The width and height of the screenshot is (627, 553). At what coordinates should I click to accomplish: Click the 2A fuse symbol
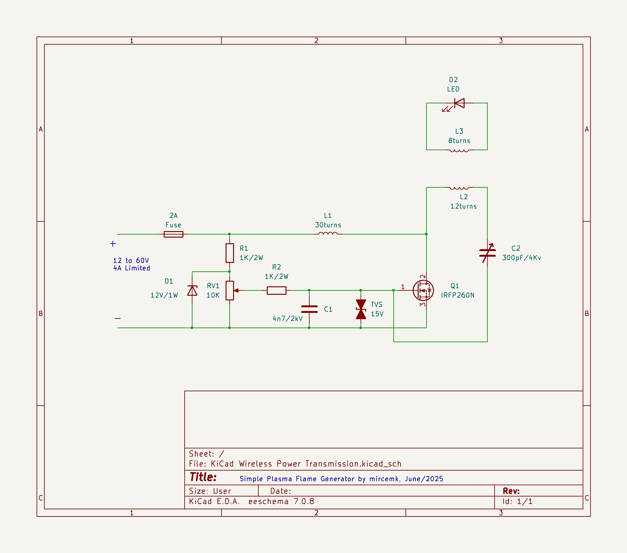173,234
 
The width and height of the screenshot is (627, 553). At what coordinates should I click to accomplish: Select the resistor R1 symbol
230,253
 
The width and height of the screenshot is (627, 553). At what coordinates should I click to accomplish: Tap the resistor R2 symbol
276,290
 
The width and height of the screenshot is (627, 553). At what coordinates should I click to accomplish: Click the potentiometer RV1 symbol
230,290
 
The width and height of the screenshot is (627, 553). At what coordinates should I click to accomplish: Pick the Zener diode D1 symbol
192,291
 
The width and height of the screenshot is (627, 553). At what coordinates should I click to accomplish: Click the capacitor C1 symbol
309,309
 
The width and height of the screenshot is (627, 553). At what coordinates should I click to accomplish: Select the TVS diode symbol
361,309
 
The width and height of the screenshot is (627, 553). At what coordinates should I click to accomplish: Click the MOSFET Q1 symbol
423,290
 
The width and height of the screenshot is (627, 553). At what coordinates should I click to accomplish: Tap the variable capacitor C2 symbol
487,253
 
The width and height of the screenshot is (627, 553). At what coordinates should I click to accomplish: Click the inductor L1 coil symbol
328,233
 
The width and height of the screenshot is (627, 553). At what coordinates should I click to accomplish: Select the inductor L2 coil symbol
459,188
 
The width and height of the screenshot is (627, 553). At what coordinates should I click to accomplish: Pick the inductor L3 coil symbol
459,151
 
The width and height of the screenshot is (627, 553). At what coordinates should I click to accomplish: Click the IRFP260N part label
458,295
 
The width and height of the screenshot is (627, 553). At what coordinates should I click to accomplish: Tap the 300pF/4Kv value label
521,258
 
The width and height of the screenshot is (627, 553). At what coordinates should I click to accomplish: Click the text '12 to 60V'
131,260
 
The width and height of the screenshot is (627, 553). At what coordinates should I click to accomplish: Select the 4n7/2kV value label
287,318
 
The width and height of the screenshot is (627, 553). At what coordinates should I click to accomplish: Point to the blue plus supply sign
113,244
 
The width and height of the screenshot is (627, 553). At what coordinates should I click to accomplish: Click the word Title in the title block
203,477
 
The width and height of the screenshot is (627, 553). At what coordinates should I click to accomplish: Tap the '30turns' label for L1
328,225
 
